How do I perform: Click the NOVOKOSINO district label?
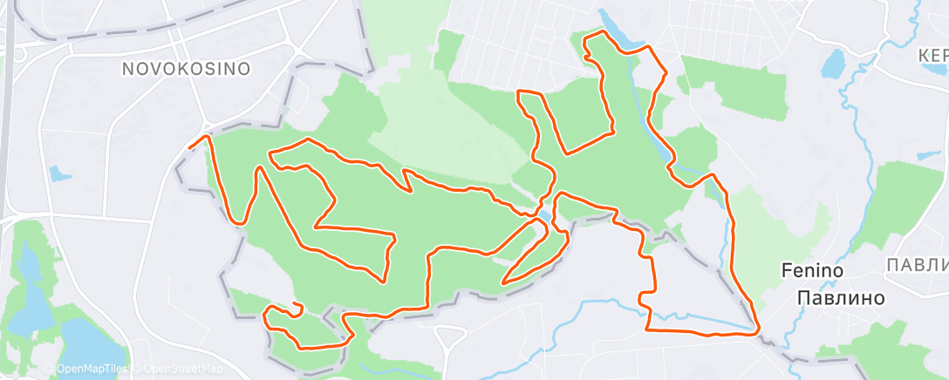(x=186, y=68)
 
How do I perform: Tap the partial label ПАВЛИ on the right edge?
(x=917, y=264)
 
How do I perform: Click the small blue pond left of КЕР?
(x=834, y=63)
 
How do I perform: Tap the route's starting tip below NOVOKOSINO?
(x=190, y=148)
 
